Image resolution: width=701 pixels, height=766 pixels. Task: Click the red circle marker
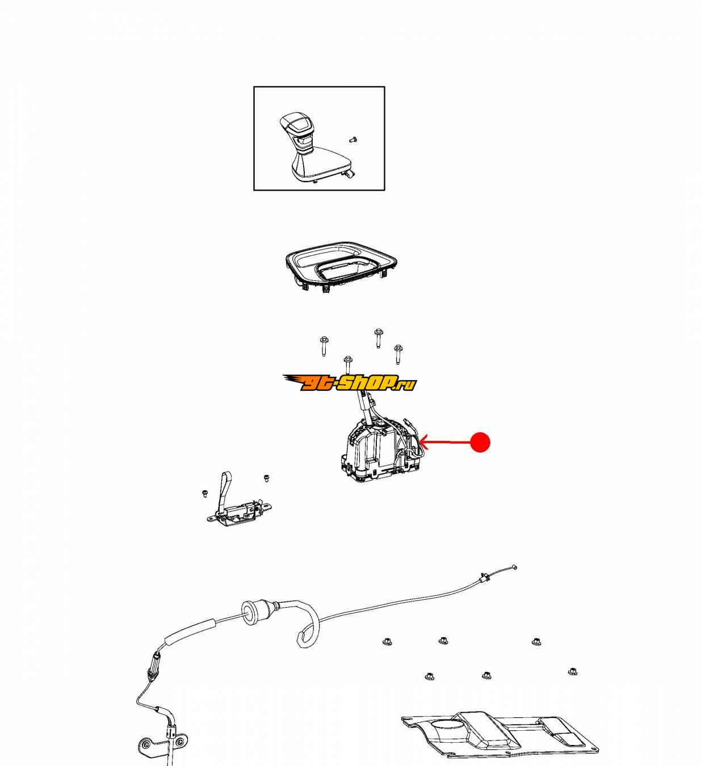tap(480, 442)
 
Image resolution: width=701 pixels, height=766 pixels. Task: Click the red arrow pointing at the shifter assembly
tap(444, 442)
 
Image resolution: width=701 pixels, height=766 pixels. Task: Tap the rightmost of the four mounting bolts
tap(398, 354)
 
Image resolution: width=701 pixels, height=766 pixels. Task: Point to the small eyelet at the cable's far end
tap(514, 567)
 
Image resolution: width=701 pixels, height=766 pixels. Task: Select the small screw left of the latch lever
tap(205, 494)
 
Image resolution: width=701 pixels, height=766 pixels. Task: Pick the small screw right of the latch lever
tap(266, 478)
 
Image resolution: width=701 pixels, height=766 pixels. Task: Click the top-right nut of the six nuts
tap(536, 641)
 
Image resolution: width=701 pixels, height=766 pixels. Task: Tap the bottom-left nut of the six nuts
tap(429, 676)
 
